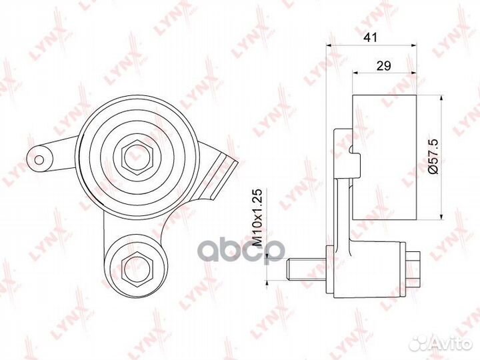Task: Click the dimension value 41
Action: point(371,37)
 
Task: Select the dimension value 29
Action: point(384,65)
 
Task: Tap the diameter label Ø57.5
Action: point(433,156)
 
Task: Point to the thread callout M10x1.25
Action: point(259,218)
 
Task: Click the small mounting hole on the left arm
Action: point(39,160)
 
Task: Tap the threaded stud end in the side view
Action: point(306,269)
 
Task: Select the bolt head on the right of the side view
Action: point(413,269)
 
